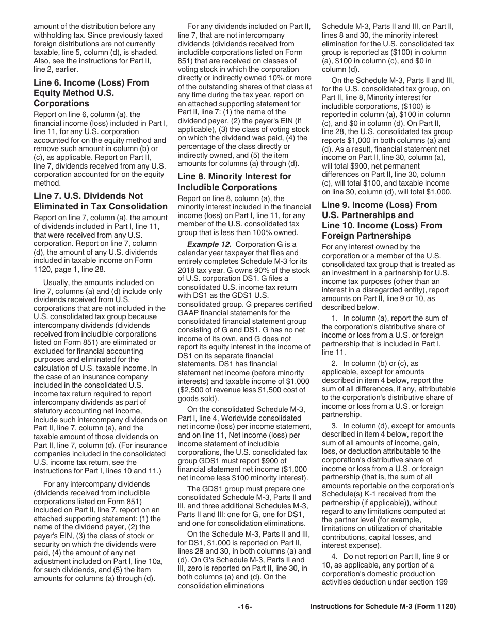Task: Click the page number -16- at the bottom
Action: pyautogui.click(x=244, y=607)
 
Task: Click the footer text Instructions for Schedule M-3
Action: pyautogui.click(x=383, y=607)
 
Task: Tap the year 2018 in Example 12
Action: pyautogui.click(x=187, y=270)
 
